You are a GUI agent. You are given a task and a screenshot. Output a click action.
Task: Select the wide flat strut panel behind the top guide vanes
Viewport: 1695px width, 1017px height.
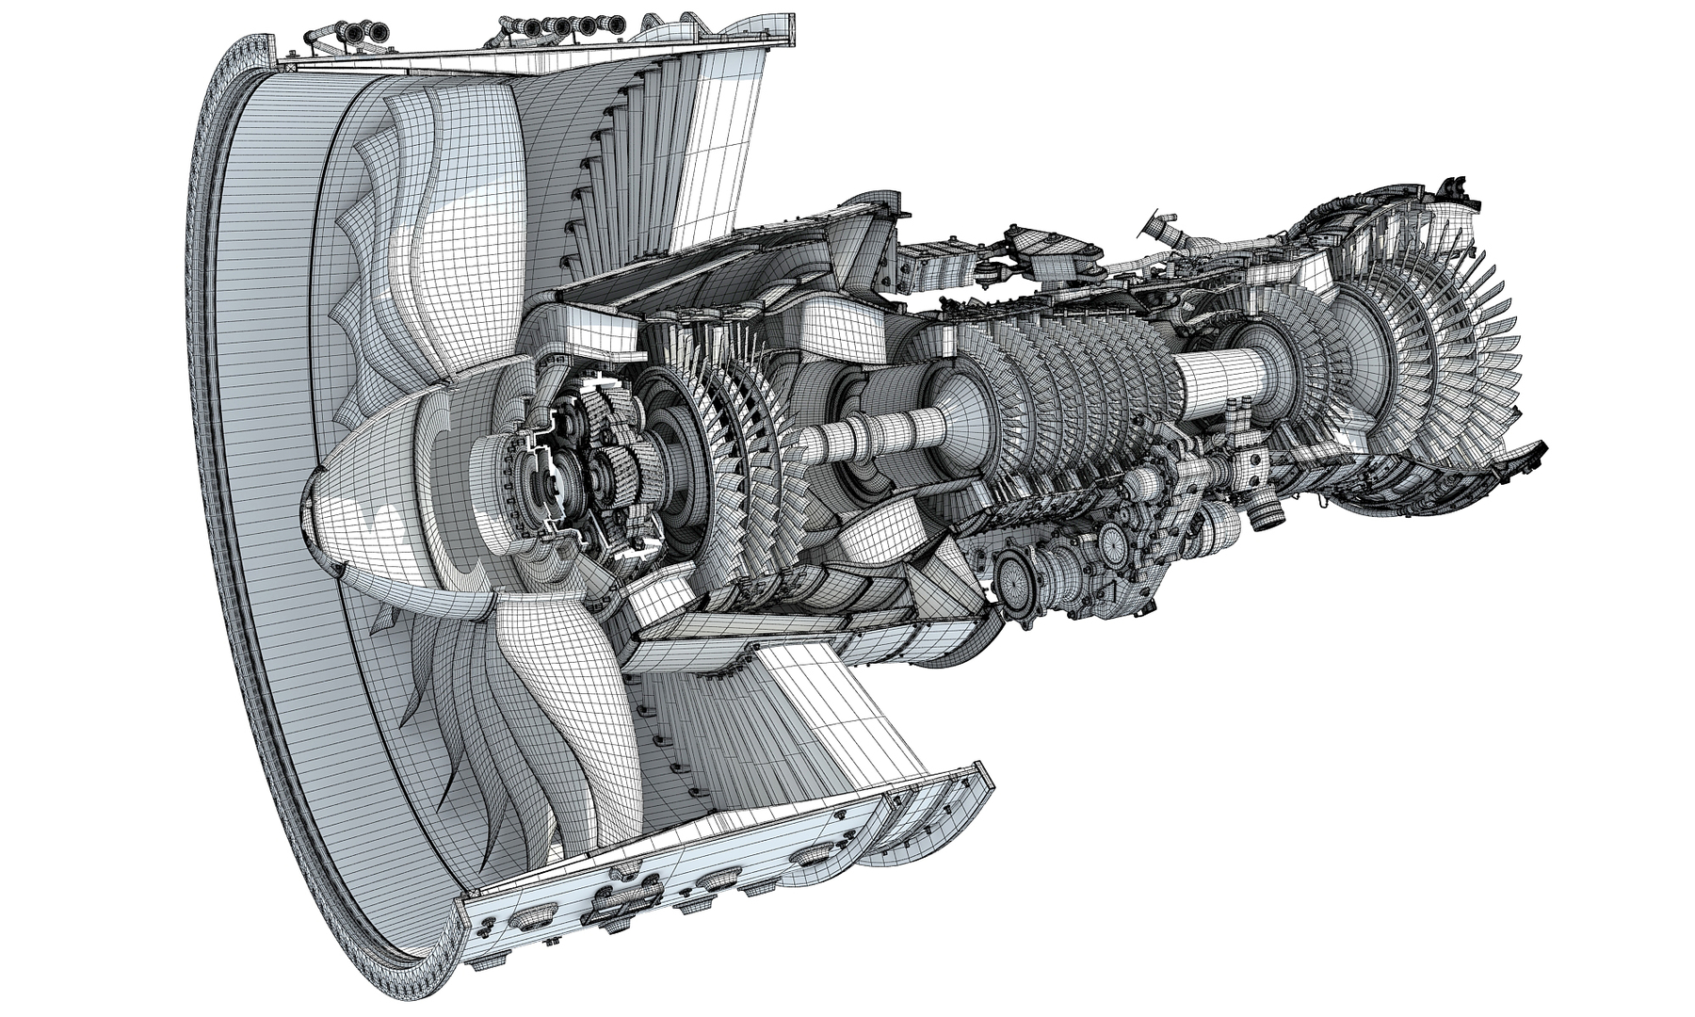click(x=725, y=141)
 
